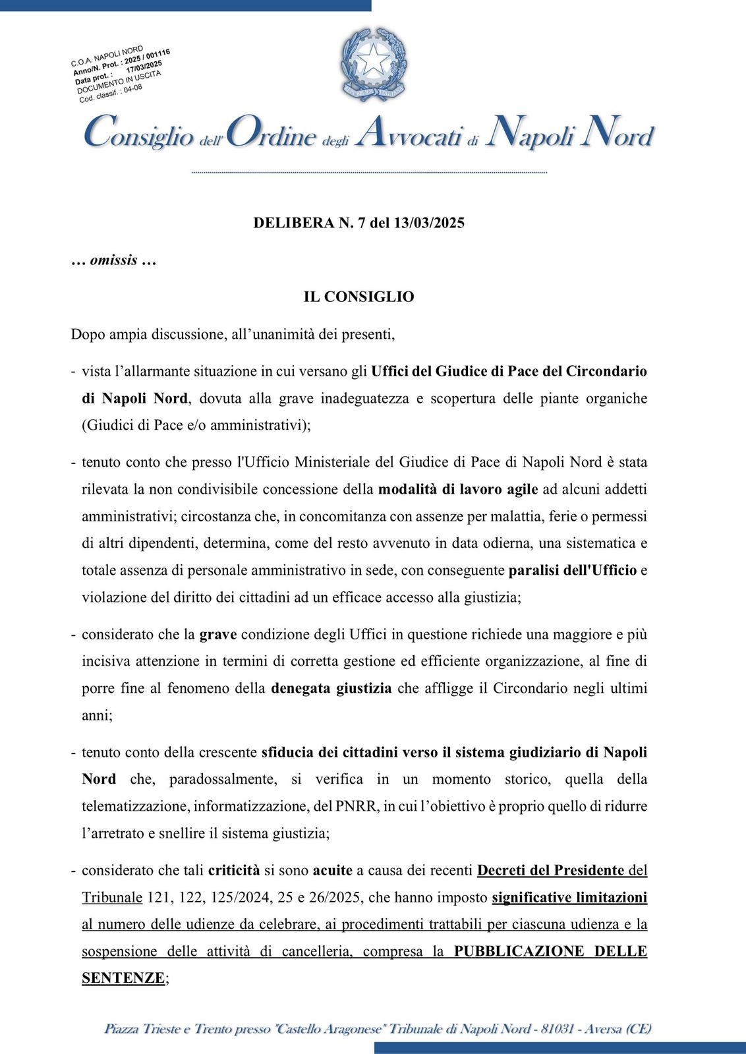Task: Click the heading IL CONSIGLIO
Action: [x=359, y=297]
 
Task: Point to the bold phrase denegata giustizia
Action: [x=331, y=688]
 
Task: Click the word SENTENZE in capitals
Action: [x=123, y=978]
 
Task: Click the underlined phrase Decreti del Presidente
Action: [x=550, y=870]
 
